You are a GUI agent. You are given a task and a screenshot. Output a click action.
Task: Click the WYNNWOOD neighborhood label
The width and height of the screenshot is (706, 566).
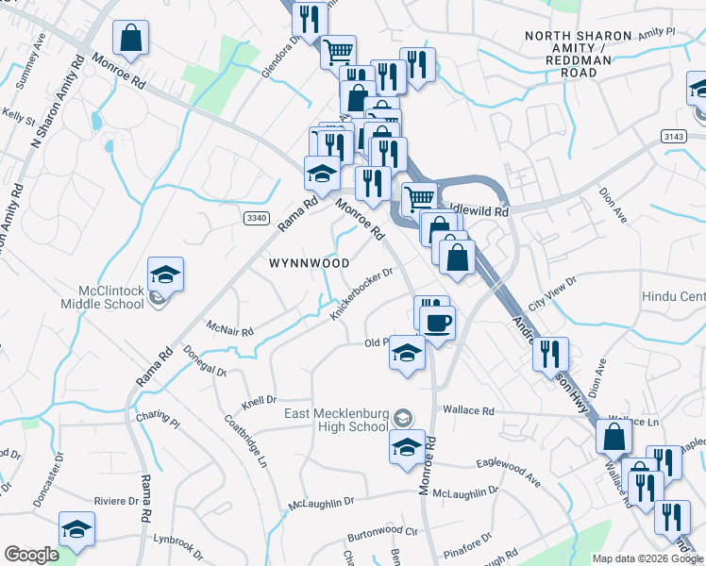click(x=310, y=263)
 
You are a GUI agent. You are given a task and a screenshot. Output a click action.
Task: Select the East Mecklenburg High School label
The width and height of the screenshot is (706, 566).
click(x=336, y=420)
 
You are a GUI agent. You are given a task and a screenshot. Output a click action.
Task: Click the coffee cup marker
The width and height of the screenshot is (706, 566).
click(x=436, y=324)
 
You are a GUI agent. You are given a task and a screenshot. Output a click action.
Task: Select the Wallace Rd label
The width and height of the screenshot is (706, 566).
click(x=469, y=411)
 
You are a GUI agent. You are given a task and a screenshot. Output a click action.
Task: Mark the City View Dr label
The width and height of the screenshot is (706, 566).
click(x=552, y=292)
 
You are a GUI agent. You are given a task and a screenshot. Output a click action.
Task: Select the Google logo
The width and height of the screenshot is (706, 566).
click(x=31, y=555)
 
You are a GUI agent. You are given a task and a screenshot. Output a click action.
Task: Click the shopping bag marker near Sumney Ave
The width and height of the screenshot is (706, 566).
click(x=131, y=40)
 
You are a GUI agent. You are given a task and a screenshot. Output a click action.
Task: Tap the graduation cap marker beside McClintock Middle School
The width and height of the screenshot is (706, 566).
click(x=165, y=275)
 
